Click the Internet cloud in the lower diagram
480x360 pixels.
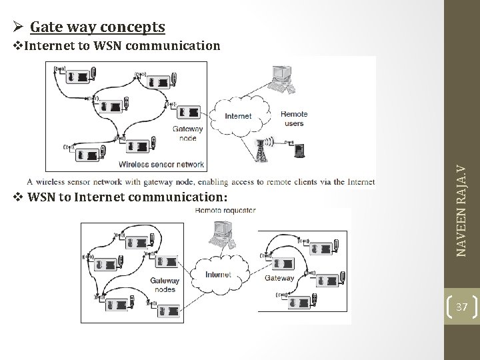[x=218, y=274]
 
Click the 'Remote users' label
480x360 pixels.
[x=293, y=119]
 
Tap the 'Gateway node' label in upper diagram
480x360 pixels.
[x=188, y=134]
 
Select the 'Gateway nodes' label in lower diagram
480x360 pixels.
[x=164, y=285]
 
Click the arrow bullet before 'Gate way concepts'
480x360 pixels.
[x=19, y=27]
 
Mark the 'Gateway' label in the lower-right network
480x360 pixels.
[x=279, y=278]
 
